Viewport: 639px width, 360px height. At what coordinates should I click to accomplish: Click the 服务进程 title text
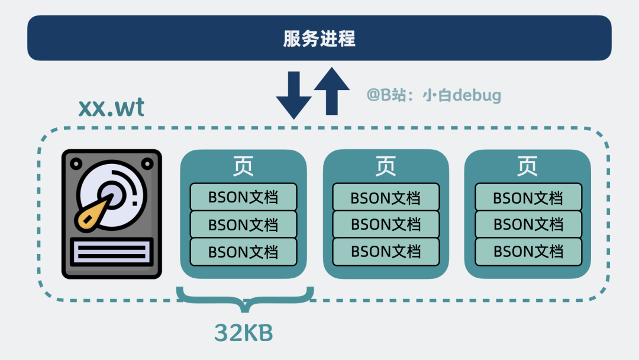click(x=319, y=39)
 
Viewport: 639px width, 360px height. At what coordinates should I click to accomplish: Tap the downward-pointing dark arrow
click(x=293, y=95)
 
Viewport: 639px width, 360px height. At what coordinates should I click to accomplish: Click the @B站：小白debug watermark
click(x=434, y=95)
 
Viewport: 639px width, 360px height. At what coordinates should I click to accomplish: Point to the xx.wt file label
click(x=111, y=108)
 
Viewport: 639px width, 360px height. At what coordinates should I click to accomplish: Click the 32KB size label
click(x=244, y=333)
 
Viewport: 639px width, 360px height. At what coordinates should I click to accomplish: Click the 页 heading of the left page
click(x=243, y=166)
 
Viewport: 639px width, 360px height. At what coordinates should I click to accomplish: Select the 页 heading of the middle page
click(x=386, y=166)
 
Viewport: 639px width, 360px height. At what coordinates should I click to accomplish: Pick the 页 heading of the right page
click(x=527, y=166)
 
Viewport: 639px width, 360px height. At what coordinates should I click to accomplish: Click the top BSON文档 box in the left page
click(x=243, y=197)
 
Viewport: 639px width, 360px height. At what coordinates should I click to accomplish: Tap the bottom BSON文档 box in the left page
click(x=243, y=252)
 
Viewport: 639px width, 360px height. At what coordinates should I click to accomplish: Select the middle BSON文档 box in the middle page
click(x=386, y=224)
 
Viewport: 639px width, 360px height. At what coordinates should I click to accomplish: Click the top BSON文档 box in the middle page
click(x=386, y=197)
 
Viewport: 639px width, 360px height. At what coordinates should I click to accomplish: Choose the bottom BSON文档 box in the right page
click(x=528, y=252)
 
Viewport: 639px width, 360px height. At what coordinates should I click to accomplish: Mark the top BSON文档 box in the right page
click(x=528, y=197)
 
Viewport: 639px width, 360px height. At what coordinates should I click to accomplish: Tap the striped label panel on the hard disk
click(x=112, y=252)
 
